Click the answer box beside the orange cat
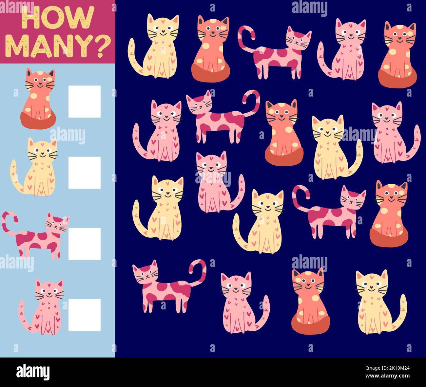(x=84, y=101)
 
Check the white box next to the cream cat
(x=84, y=173)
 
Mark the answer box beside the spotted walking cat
(x=84, y=244)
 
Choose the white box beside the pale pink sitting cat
(x=84, y=315)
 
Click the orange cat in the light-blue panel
(x=38, y=98)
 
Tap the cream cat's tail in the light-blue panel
(x=16, y=177)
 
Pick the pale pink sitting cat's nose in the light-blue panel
(x=49, y=293)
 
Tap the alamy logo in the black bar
(x=33, y=372)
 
